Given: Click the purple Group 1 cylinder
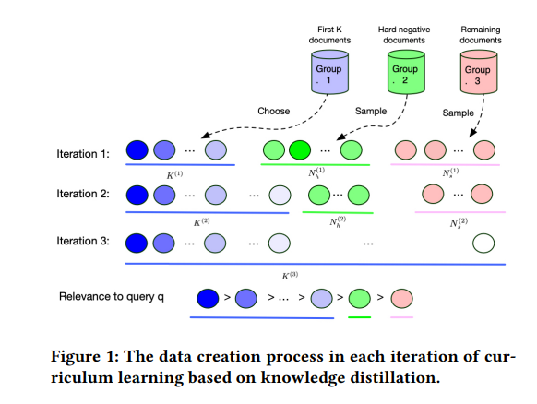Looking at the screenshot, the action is pos(329,72).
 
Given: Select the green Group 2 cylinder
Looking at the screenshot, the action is pos(406,72).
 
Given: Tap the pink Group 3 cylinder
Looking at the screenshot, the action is pos(479,72).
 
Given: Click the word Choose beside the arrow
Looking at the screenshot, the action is pos(274,111).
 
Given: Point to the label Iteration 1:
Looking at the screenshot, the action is pos(83,154).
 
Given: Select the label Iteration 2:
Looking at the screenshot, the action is pos(83,194).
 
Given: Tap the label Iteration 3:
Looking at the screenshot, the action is pos(83,241).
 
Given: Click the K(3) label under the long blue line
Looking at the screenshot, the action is pos(290,275).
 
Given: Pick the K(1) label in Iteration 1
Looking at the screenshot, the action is pos(174,175).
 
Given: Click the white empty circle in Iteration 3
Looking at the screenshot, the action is pos(483,244).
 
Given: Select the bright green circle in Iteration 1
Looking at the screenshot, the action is pos(300,150).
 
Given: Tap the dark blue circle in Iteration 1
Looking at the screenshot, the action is pos(137,150).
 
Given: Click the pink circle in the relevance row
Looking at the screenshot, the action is pos(401,298).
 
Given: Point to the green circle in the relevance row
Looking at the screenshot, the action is pos(360,298).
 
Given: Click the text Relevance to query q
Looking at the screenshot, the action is pos(112,296).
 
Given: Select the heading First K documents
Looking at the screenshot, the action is pos(329,34).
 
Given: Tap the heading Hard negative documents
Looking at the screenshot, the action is pos(404,34).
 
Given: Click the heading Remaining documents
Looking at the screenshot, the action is pos(481,34).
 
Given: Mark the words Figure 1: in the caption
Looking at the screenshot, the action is pos(85,356).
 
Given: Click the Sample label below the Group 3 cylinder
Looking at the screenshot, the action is pos(458,113).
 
